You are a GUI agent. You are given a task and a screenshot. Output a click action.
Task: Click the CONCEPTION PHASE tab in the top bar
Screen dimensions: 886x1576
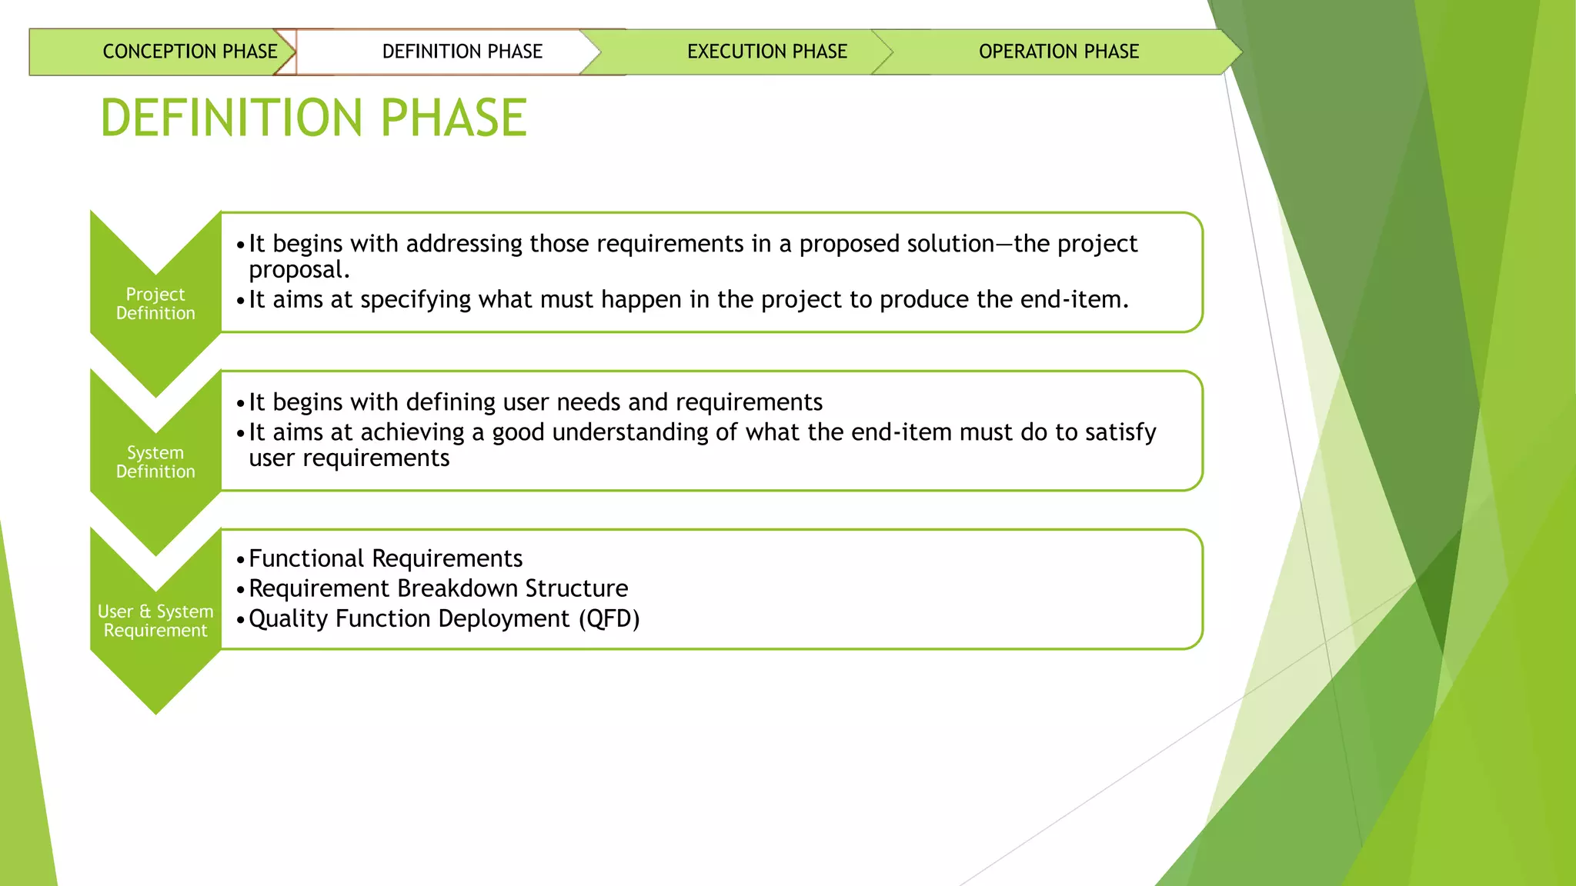click(x=189, y=52)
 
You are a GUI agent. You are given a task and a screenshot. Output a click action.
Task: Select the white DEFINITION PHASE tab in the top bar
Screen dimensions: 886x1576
click(x=462, y=52)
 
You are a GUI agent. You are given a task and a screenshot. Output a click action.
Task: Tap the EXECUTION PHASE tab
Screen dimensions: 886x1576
click(x=766, y=52)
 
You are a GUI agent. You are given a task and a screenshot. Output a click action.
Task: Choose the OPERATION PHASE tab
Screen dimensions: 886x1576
click(x=1058, y=52)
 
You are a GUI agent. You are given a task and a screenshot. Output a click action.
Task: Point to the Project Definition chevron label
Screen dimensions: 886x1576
click(x=155, y=304)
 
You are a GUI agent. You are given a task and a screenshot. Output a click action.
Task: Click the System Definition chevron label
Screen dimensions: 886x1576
click(x=155, y=462)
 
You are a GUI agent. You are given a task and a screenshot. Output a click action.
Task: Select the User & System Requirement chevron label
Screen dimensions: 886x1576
click(x=155, y=621)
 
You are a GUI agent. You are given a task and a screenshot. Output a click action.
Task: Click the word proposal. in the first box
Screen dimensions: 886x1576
click(x=299, y=270)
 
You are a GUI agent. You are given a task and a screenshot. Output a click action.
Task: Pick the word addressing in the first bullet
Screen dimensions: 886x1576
click(x=464, y=244)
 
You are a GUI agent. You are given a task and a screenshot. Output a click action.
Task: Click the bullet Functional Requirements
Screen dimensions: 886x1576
click(x=385, y=558)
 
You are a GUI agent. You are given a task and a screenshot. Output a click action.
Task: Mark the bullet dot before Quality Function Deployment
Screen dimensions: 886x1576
click(x=241, y=620)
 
